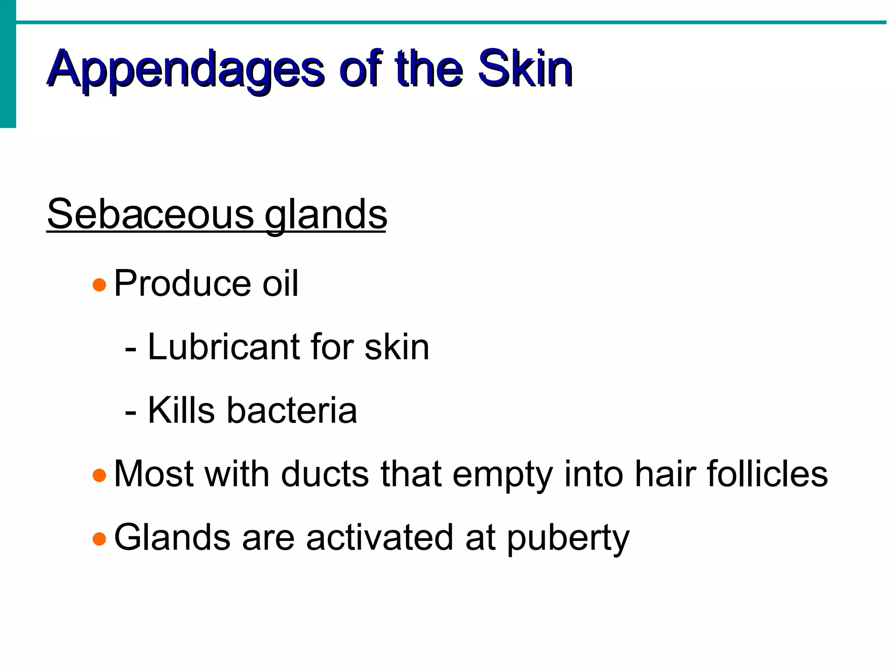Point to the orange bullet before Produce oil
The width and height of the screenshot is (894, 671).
pyautogui.click(x=100, y=285)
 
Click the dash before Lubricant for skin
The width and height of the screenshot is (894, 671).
pyautogui.click(x=130, y=349)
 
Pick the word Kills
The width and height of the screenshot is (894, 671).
pyautogui.click(x=181, y=411)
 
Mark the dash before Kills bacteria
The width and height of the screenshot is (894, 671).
pyautogui.click(x=130, y=413)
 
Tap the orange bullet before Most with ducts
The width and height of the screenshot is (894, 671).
pyautogui.click(x=100, y=475)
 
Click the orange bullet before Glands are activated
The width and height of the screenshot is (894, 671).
pyautogui.click(x=100, y=539)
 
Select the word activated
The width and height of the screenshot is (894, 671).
pyautogui.click(x=380, y=538)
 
